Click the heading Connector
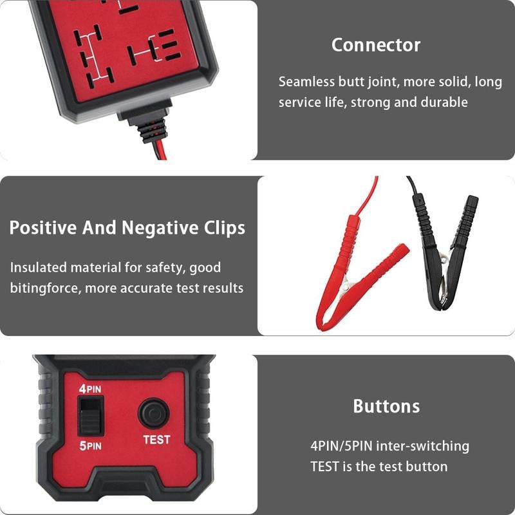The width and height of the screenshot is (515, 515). click(x=375, y=45)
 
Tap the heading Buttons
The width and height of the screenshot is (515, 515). click(x=386, y=406)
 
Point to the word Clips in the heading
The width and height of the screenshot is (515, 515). click(x=222, y=229)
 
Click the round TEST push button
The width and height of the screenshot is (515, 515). click(x=154, y=413)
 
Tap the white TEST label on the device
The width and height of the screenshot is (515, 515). click(x=156, y=440)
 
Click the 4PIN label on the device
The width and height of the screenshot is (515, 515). click(x=90, y=389)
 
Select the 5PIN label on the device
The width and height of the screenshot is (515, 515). click(x=90, y=445)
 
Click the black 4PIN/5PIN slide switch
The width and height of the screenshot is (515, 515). click(x=90, y=417)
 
